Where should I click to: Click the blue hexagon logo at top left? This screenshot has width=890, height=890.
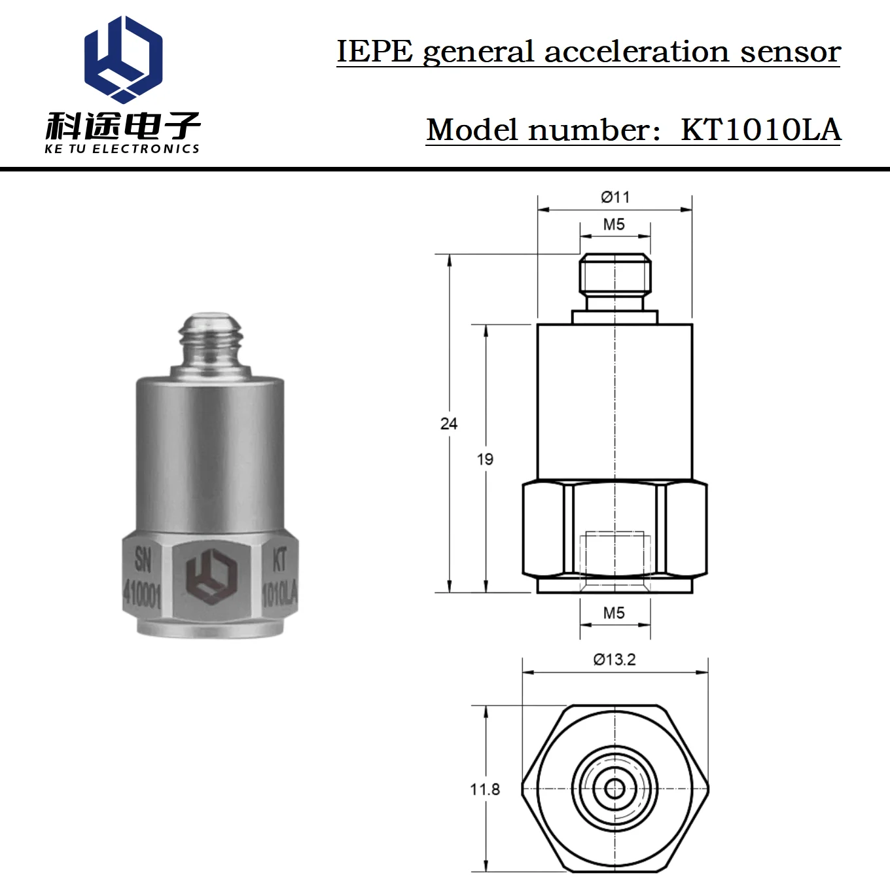click(x=123, y=59)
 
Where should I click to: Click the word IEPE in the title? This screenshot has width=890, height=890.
click(x=374, y=51)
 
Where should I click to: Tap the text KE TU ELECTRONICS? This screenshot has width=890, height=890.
click(x=122, y=149)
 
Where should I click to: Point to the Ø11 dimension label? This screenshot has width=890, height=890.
click(x=615, y=198)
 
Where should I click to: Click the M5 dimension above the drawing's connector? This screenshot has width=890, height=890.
click(x=614, y=224)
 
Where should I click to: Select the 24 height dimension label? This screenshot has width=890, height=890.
click(x=448, y=423)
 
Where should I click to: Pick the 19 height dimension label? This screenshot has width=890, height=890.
click(x=485, y=459)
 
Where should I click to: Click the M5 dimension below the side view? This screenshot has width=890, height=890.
click(x=614, y=613)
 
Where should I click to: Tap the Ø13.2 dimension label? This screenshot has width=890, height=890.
click(x=614, y=659)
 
